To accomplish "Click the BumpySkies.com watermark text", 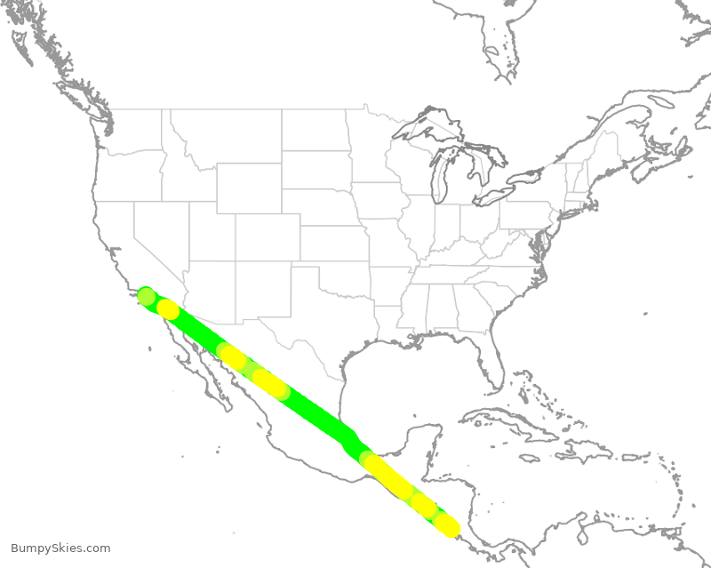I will point(60,548).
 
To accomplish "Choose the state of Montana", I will point(222,133).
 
